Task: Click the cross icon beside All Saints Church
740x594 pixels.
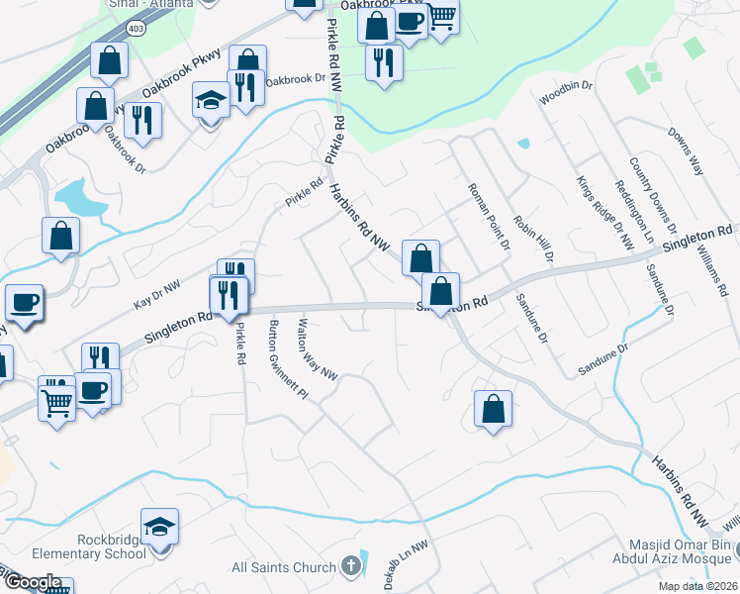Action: [x=348, y=567]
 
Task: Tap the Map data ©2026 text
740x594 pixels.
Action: [x=697, y=586]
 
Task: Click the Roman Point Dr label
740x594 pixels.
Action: [x=488, y=216]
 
